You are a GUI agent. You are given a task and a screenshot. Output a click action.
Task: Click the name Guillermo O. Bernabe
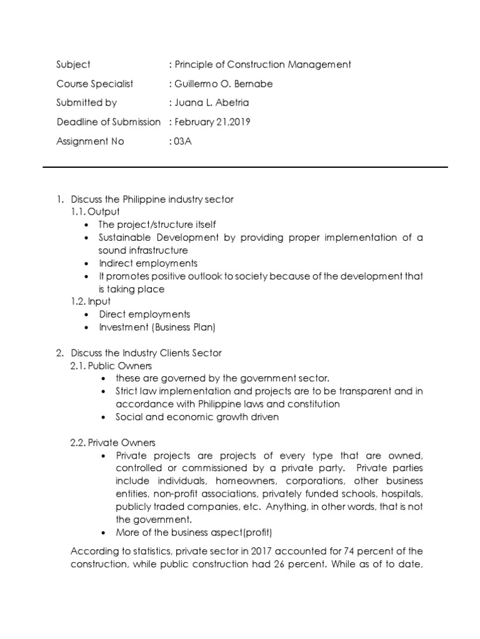tap(216, 84)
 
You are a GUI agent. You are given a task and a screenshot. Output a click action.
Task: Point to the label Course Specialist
tap(94, 84)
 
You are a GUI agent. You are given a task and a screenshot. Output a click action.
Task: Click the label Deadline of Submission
tap(108, 122)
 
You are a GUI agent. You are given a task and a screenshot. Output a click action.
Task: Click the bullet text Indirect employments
tap(148, 263)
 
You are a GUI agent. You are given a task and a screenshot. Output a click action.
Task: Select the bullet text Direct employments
tap(144, 314)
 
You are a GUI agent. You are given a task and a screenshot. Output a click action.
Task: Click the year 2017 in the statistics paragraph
tap(262, 550)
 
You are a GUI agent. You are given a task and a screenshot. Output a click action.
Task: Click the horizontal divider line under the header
tap(245, 167)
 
